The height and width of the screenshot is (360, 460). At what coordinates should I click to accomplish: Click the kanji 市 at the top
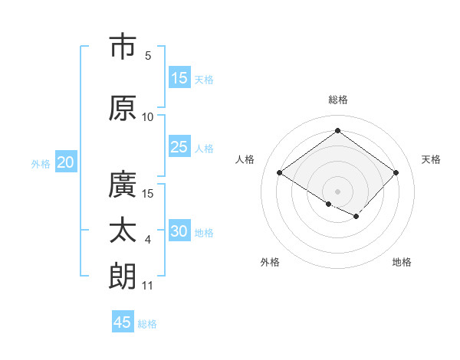123,47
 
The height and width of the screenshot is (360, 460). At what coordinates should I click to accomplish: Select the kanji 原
123,108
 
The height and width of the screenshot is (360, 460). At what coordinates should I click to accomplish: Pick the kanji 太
123,231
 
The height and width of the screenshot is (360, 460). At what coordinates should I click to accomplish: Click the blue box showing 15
179,78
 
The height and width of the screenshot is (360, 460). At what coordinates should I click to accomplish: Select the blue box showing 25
179,147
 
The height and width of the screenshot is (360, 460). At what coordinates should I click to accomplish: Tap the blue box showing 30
179,231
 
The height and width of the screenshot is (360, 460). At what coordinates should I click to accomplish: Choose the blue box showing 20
66,162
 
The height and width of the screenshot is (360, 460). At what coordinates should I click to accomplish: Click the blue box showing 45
123,322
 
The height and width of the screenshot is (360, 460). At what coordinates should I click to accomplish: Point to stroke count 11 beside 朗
148,286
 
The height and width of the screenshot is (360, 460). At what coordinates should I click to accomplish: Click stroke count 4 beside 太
148,240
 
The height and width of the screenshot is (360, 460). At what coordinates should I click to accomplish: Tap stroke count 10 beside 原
148,116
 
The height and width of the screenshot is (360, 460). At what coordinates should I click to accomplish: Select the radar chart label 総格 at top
337,100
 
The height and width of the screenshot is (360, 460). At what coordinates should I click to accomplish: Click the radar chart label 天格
431,159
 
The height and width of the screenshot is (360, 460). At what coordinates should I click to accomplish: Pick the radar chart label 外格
270,262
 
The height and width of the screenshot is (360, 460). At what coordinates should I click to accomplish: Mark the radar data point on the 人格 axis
280,173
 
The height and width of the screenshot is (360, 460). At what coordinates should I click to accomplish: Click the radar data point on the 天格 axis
396,172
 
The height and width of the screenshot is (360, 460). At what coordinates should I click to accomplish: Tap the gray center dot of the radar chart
337,191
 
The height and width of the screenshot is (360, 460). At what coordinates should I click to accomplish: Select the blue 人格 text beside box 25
204,148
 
